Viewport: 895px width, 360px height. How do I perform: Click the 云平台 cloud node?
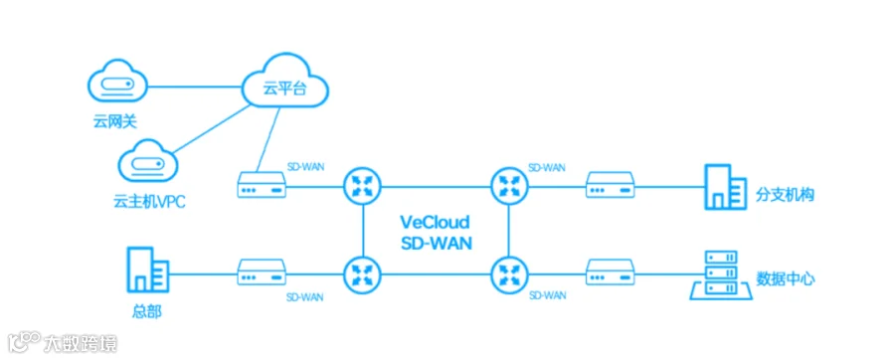click(x=284, y=81)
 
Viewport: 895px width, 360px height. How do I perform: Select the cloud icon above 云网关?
click(x=118, y=85)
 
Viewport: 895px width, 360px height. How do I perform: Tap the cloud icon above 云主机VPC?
click(x=147, y=160)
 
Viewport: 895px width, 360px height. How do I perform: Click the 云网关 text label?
click(x=115, y=122)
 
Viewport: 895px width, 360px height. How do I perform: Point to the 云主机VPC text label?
click(x=149, y=202)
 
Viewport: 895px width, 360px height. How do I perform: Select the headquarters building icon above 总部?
click(x=147, y=270)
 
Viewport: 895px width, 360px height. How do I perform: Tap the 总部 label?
click(x=146, y=311)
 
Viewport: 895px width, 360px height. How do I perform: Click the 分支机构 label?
click(x=786, y=195)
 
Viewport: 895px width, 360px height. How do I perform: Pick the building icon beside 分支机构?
click(x=725, y=187)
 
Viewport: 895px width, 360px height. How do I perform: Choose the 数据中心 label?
click(x=786, y=278)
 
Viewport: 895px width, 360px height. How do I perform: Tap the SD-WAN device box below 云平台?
click(x=262, y=185)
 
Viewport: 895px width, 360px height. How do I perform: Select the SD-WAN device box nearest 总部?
click(x=262, y=272)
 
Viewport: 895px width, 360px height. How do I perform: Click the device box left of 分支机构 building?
click(x=611, y=185)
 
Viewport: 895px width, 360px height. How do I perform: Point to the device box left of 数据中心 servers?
click(x=611, y=272)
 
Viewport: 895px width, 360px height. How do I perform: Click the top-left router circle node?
click(x=362, y=186)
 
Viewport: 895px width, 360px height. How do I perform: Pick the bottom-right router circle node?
click(x=509, y=273)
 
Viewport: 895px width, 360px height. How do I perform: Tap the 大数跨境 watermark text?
click(x=80, y=343)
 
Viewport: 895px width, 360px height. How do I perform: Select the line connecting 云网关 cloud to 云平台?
click(x=195, y=87)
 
